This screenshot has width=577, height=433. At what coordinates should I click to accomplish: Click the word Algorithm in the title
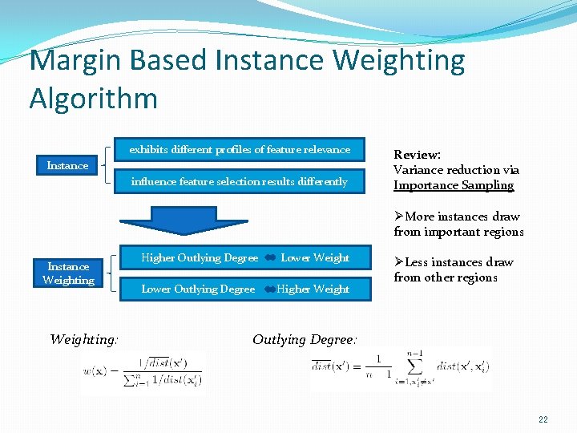(93, 99)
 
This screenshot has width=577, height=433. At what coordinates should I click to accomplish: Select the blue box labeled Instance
(67, 166)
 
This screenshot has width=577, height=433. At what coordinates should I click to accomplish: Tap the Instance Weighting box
(68, 273)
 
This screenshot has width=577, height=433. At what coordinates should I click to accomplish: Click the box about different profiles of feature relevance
(240, 150)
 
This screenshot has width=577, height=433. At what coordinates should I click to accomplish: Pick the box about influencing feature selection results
(240, 182)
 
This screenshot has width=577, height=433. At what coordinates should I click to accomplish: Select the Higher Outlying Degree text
(200, 258)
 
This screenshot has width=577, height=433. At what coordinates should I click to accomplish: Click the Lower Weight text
(315, 258)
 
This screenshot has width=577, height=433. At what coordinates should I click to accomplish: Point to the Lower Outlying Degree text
(198, 289)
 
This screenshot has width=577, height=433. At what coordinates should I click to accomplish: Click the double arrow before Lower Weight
(269, 258)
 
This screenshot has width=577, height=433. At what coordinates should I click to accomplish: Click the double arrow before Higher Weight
(269, 289)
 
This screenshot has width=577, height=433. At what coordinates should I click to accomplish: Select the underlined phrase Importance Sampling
(454, 185)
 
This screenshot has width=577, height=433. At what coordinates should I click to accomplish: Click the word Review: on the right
(417, 155)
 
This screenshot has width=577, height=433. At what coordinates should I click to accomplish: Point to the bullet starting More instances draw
(458, 224)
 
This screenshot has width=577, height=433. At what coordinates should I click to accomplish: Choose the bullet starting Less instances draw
(453, 269)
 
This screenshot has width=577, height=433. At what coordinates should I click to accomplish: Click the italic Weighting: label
(83, 339)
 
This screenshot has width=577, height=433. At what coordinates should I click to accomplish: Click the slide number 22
(543, 419)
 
